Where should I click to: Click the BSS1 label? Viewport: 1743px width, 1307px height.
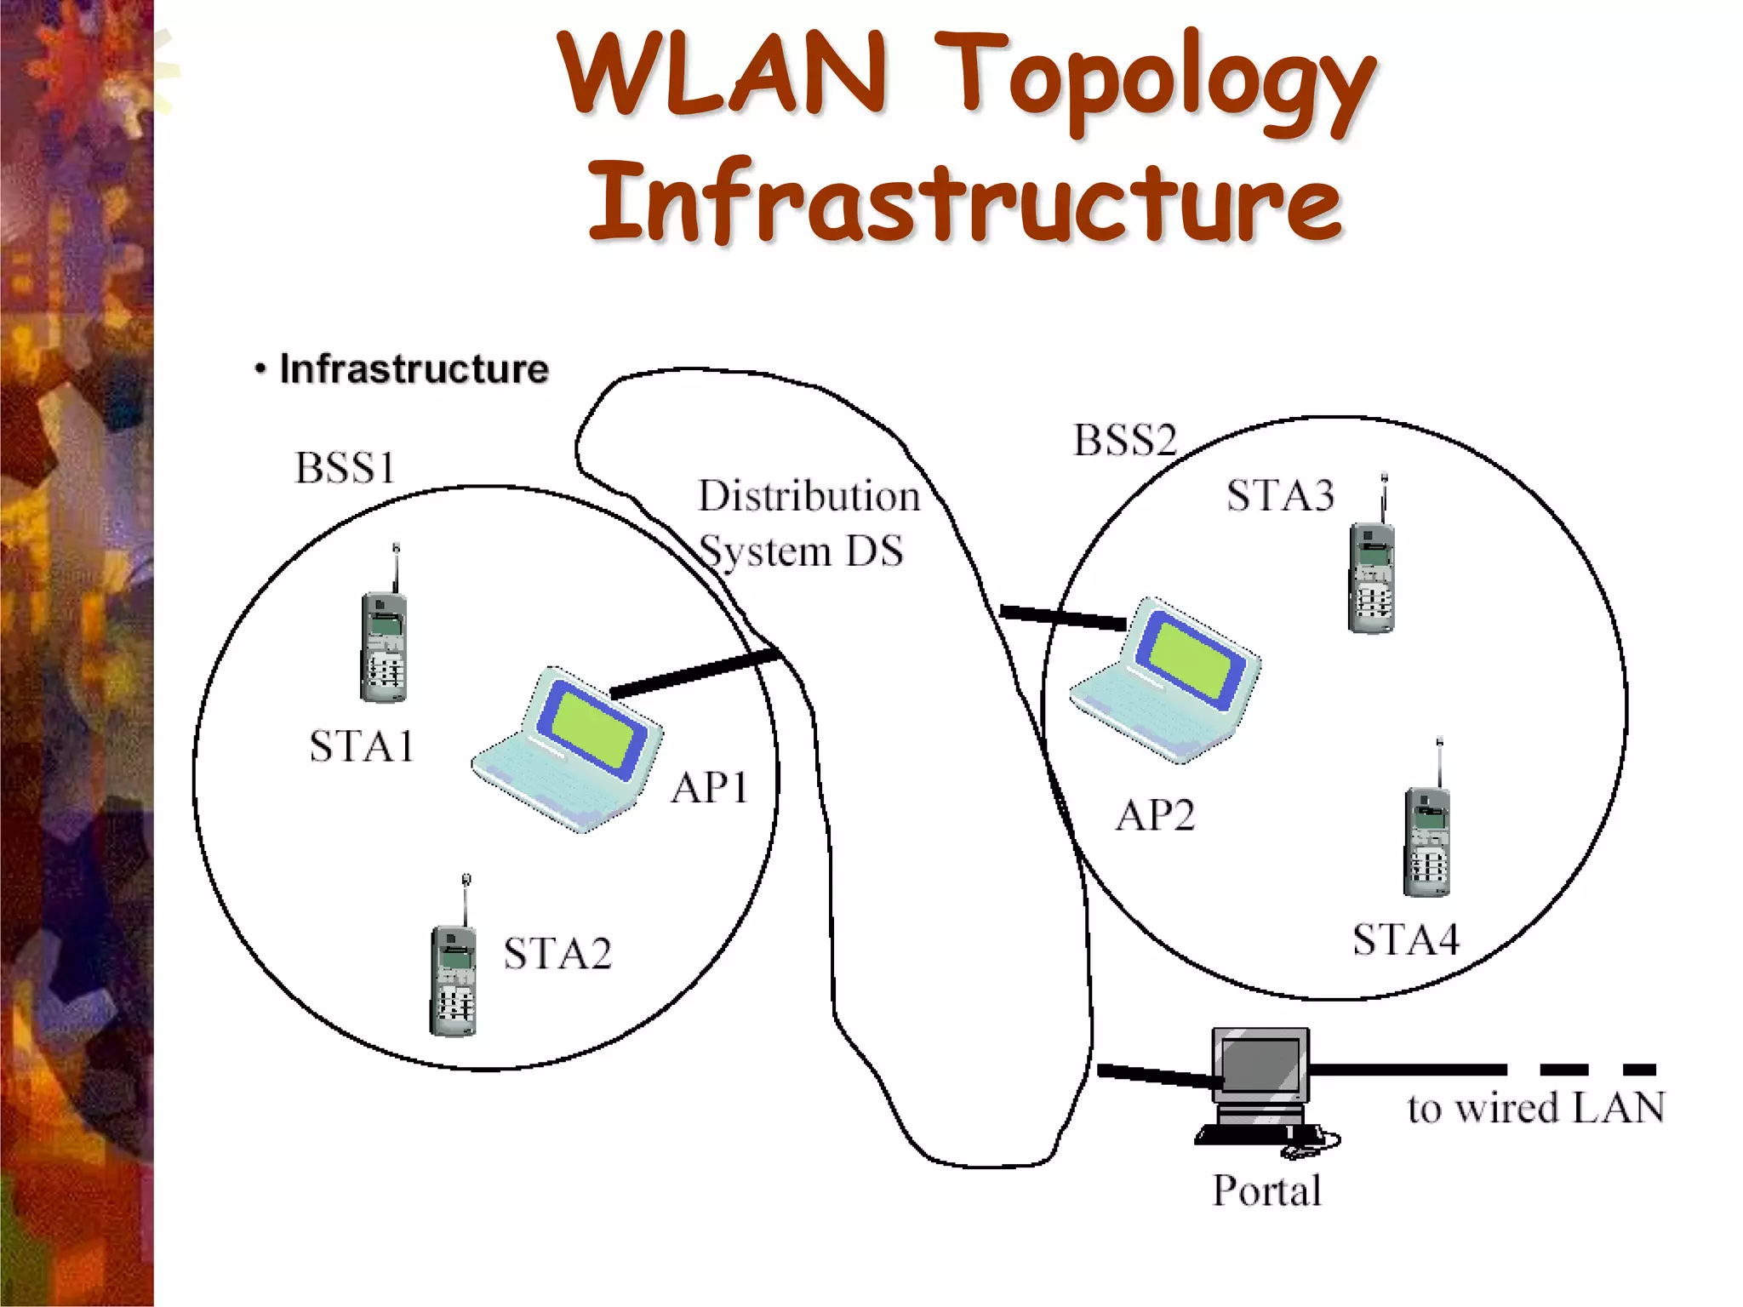[x=346, y=467]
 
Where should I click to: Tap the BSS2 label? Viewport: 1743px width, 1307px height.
[x=1125, y=440]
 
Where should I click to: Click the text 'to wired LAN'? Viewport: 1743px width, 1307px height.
[x=1535, y=1108]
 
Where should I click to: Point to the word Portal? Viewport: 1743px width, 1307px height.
[x=1267, y=1190]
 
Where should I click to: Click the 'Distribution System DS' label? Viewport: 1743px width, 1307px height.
[x=807, y=522]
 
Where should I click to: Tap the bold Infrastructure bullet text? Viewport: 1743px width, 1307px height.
[x=414, y=369]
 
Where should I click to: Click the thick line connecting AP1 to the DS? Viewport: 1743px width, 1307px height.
[x=694, y=673]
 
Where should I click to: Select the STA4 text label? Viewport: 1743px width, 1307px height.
[x=1406, y=939]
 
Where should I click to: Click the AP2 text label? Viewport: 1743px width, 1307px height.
[x=1155, y=815]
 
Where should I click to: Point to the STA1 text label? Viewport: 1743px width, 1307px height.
[x=362, y=746]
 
